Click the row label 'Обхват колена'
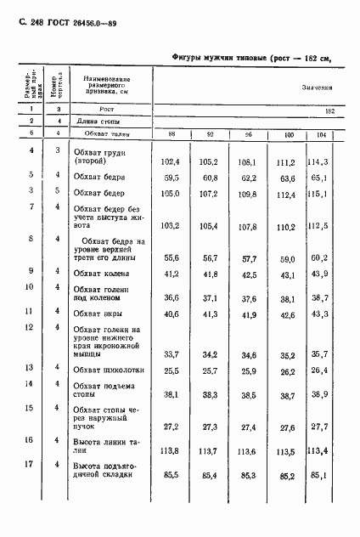pyautogui.click(x=102, y=274)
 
